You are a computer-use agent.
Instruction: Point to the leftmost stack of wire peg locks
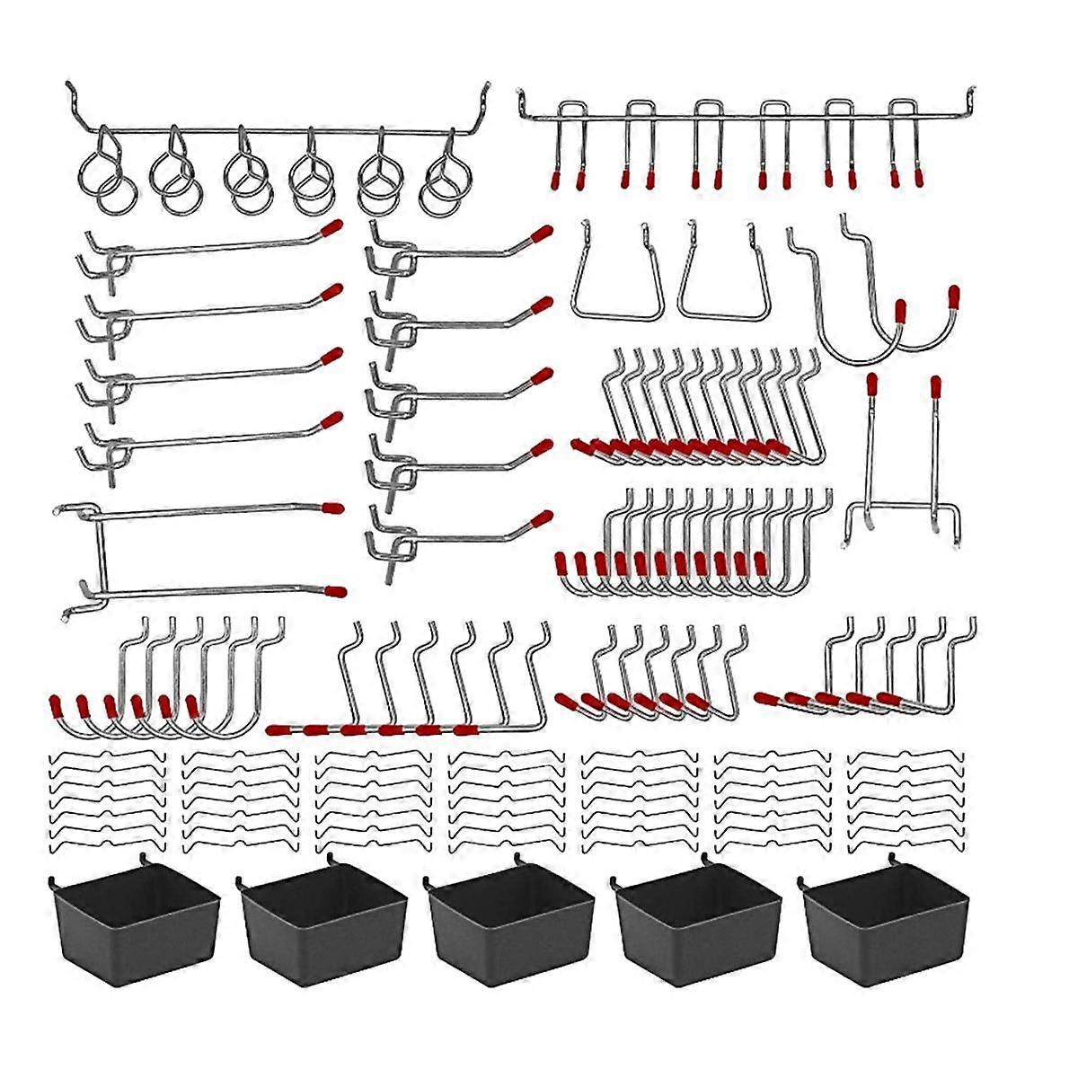pos(107,800)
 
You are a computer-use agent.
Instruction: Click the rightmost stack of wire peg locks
pos(906,800)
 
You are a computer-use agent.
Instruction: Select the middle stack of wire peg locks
pos(507,800)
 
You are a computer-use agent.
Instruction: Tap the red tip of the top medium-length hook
pos(542,235)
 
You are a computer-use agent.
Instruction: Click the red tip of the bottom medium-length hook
pos(543,518)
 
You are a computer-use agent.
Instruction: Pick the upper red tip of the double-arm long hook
pos(333,508)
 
